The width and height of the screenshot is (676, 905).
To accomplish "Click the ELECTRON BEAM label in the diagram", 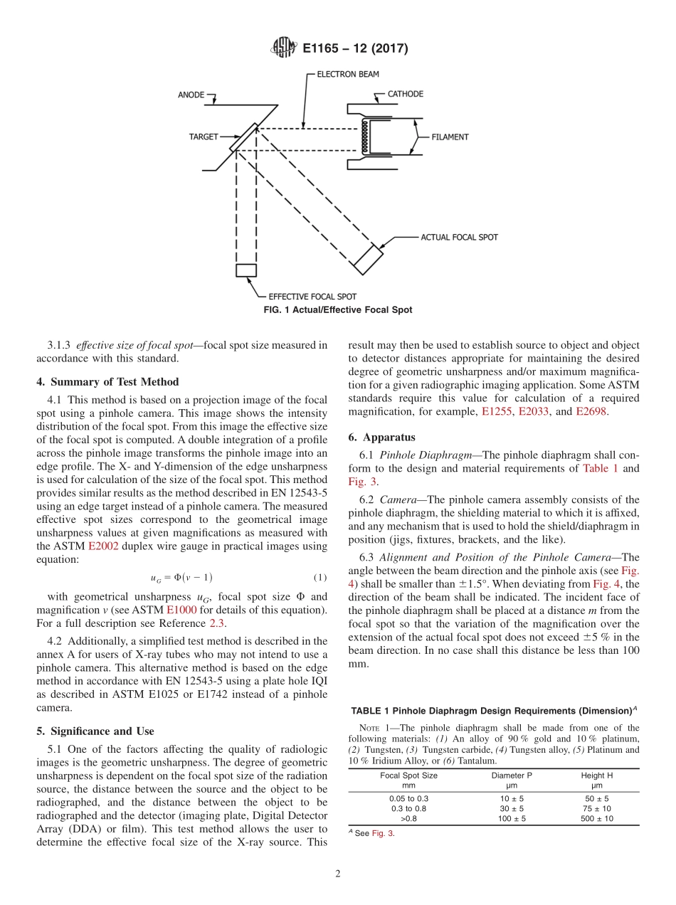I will coord(348,74).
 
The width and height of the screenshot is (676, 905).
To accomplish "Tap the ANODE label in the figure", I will coord(190,94).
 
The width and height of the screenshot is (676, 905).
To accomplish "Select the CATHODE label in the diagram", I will coord(405,94).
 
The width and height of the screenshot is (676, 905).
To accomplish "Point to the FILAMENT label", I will coord(450,137).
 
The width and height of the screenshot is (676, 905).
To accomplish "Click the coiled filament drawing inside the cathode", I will coord(366,137).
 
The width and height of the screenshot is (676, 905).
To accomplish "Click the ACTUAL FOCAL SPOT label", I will coord(460,237).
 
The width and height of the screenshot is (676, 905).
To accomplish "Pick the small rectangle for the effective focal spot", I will coord(246,270).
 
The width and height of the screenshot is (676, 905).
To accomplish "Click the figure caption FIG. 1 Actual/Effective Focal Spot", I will coord(337,310).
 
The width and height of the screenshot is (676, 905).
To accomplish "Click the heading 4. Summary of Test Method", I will coord(107,382).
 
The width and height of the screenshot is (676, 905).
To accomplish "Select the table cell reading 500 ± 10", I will coord(598,819).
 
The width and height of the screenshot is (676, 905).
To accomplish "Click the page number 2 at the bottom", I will coord(338,874).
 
